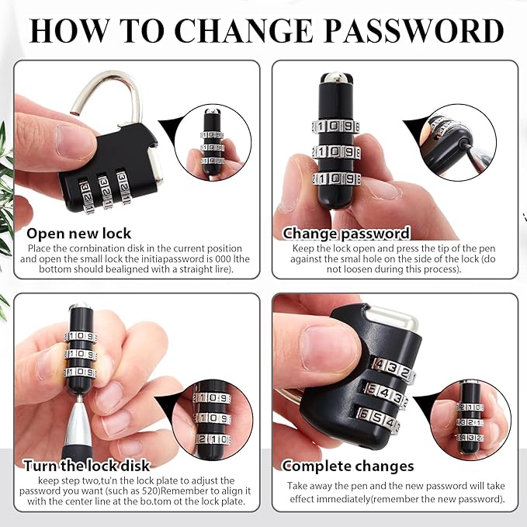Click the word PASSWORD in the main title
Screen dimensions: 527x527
(x=414, y=31)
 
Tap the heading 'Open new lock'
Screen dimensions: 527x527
(x=78, y=234)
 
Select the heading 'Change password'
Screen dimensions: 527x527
(x=346, y=234)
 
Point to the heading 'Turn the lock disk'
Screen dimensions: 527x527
(x=87, y=466)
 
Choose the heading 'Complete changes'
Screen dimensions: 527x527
(x=348, y=466)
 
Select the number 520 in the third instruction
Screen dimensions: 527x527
(x=151, y=491)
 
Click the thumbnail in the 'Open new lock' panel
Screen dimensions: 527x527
(x=213, y=143)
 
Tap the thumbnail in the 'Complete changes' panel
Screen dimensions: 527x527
(x=471, y=420)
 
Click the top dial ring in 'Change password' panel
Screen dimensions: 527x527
(x=335, y=127)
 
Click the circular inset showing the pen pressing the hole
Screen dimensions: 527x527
(x=458, y=143)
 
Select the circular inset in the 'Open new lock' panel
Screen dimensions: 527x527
(x=213, y=143)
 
